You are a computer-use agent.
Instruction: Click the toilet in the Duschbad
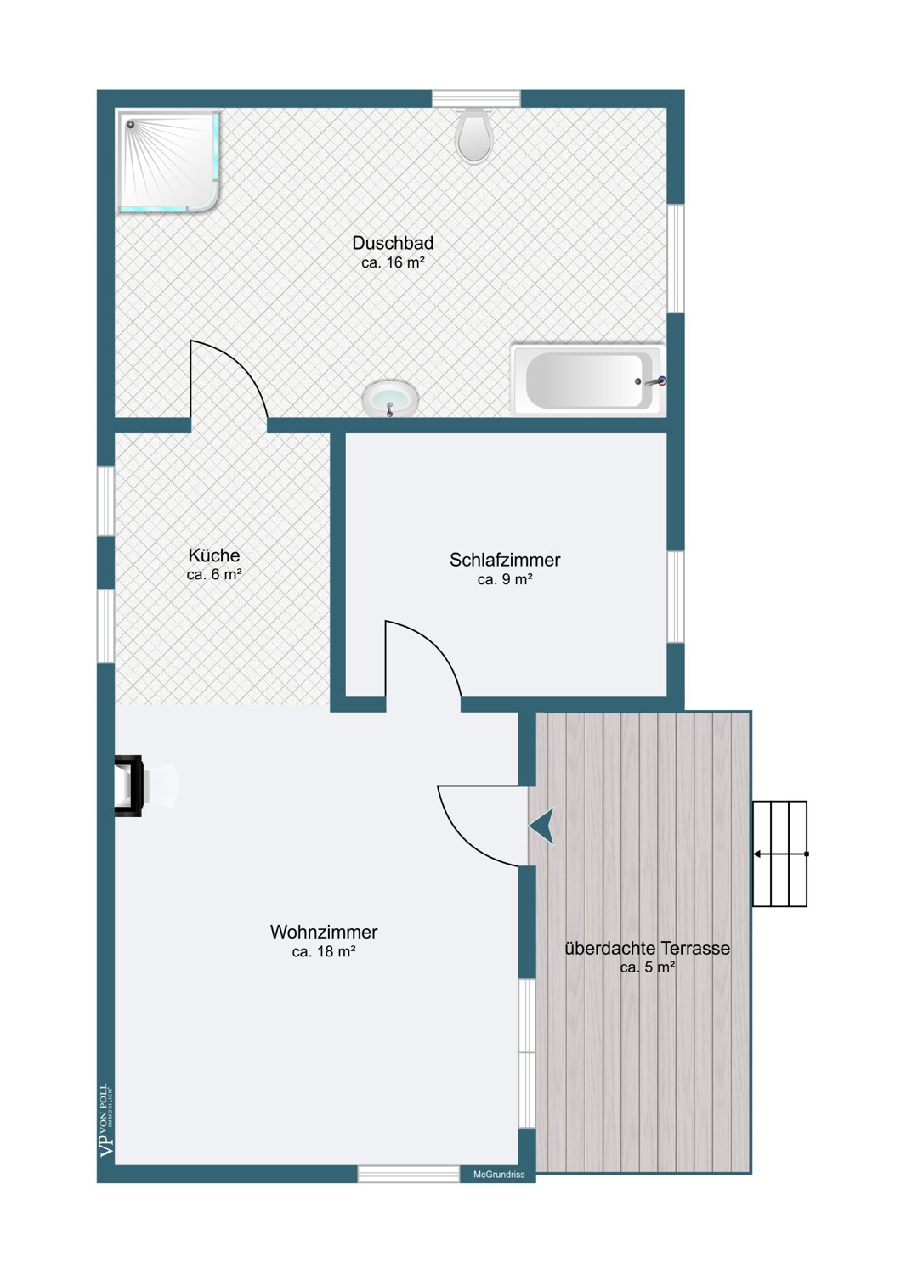tap(473, 135)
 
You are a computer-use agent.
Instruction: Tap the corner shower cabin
tap(168, 162)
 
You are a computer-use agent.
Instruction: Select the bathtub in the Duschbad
tap(588, 380)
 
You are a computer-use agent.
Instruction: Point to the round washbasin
tap(390, 398)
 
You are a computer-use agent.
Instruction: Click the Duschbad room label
tap(393, 243)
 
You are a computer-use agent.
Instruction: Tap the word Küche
tap(214, 555)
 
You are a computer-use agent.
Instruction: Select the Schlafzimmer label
tap(505, 560)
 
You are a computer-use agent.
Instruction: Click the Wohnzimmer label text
tap(324, 932)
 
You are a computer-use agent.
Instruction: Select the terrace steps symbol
tap(779, 854)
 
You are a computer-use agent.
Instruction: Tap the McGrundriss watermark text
tap(499, 1175)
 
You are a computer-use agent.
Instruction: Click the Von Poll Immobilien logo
tap(106, 1120)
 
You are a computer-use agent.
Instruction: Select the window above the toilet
tap(476, 99)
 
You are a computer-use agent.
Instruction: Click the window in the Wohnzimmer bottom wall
tap(408, 1174)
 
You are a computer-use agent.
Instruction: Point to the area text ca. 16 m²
tap(393, 262)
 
